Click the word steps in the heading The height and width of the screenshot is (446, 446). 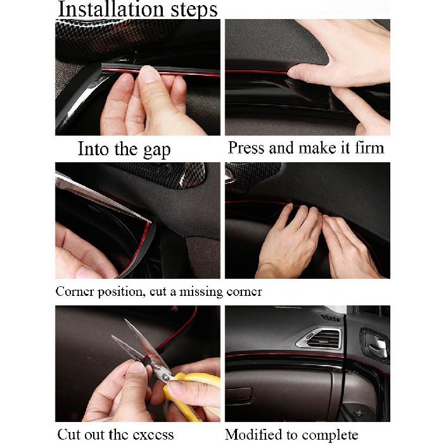(188, 10)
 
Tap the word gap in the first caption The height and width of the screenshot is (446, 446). (156, 151)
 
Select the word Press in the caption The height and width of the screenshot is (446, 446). (246, 148)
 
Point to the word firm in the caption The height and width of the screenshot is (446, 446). (369, 148)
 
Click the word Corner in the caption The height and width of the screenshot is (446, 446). (73, 292)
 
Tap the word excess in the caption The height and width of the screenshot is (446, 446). (149, 435)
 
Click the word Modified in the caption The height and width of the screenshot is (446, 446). (252, 435)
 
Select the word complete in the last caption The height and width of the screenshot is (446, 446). (333, 435)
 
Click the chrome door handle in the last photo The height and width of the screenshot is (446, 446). (376, 347)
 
